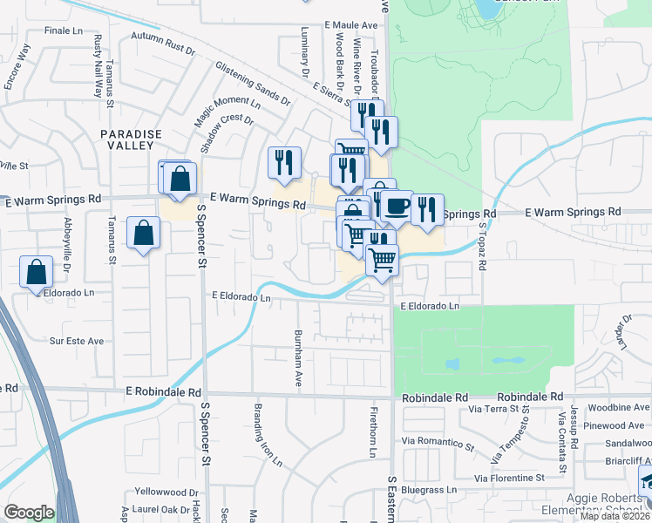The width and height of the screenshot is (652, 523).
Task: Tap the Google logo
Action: click(x=29, y=513)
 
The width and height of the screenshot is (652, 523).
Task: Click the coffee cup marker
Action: click(x=397, y=207)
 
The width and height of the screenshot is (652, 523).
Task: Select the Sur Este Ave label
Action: click(x=77, y=341)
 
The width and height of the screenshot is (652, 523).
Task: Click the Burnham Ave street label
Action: click(x=298, y=358)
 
